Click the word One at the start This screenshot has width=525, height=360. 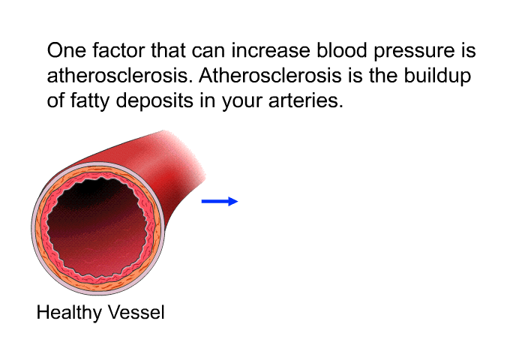pos(67,50)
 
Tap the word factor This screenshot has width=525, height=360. pos(118,50)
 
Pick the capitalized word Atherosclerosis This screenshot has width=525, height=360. pos(270,75)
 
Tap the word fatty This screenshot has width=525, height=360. pos(90,101)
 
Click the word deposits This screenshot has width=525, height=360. pos(154,102)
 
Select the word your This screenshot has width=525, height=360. pos(241,103)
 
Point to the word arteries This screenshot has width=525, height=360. pos(306,100)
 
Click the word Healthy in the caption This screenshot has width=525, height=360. pos(69,313)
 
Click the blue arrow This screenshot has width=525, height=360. pos(220,201)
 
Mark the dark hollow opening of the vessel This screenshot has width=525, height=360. pos(97,228)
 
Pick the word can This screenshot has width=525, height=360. pos(208,52)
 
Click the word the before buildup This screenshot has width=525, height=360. pos(383,75)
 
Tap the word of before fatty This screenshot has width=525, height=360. pos(55,100)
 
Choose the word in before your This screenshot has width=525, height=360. pos(208,100)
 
